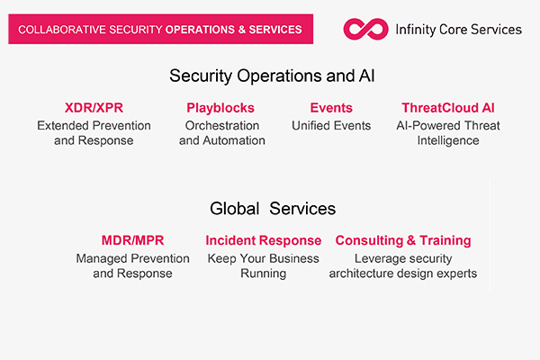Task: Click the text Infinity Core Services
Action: click(458, 30)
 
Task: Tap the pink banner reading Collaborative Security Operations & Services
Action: click(160, 29)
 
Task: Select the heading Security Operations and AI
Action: click(272, 76)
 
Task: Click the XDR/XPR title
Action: click(94, 108)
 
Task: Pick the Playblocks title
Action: click(220, 108)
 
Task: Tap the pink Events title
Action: click(331, 108)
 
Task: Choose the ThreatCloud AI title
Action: click(448, 108)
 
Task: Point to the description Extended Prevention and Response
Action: click(94, 133)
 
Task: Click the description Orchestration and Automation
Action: click(222, 133)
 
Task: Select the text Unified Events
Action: click(331, 126)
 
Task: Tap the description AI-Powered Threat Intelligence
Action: click(448, 133)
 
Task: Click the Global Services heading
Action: click(273, 209)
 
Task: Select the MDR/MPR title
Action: click(132, 240)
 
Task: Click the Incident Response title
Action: click(264, 240)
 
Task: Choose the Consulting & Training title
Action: click(403, 240)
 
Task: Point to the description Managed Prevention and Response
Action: click(132, 265)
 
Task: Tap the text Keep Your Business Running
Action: click(264, 265)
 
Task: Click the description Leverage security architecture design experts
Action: click(403, 265)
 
